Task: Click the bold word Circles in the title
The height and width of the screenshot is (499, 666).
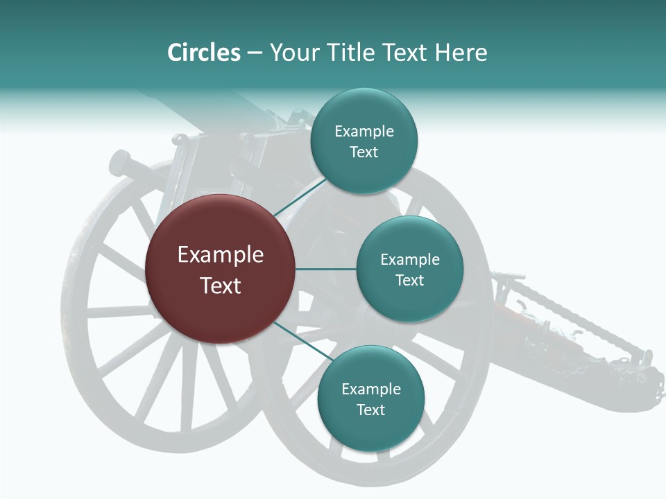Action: point(203,53)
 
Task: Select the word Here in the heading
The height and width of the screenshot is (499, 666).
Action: point(461,53)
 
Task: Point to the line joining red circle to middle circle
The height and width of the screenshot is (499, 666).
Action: point(325,269)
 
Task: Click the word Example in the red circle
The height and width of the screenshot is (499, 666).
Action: point(221,255)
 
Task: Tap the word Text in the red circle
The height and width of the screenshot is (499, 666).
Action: point(221,286)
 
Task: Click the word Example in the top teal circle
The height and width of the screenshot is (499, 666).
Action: point(364,132)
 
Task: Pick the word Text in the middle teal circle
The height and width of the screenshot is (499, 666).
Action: point(410,281)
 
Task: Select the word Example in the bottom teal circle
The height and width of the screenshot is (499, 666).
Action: point(370,389)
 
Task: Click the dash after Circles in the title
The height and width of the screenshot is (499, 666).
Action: point(254,53)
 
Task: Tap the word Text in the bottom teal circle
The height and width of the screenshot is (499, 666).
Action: point(370,410)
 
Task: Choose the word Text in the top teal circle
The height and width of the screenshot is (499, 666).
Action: point(364,152)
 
